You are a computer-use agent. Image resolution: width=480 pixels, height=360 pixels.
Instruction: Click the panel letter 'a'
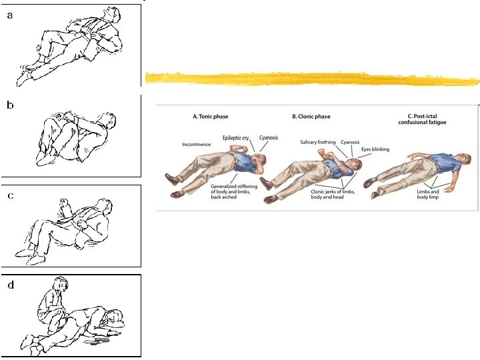(x=10, y=17)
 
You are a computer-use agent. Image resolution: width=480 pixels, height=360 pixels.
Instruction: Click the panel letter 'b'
(x=10, y=105)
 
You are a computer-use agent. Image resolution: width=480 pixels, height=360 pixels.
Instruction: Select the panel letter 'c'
(x=10, y=195)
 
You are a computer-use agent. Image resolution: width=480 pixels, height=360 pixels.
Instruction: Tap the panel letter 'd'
(x=10, y=285)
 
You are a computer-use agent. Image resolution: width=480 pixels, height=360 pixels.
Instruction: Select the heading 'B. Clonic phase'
(x=311, y=117)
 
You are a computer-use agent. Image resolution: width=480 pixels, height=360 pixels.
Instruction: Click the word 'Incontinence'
(x=196, y=144)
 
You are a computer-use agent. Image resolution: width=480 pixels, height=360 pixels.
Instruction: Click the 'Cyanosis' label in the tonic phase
(x=269, y=138)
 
